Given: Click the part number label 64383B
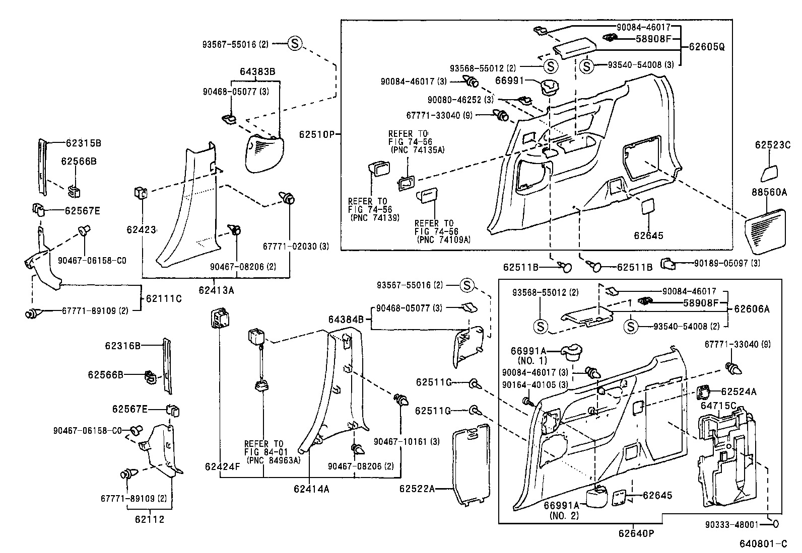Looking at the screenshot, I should coord(257,71).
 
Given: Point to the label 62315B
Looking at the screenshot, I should coord(83,143).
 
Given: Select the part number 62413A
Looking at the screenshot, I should coord(216,290).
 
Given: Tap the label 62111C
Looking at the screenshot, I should coord(164,298).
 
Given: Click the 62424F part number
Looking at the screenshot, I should coord(222,466).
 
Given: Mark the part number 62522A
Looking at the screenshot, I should coord(417,488).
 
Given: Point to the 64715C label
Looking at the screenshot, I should coord(718,406).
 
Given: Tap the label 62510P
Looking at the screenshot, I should coord(316,134).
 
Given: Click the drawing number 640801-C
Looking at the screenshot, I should coord(763,544).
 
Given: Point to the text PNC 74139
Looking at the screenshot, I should coord(375,217).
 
